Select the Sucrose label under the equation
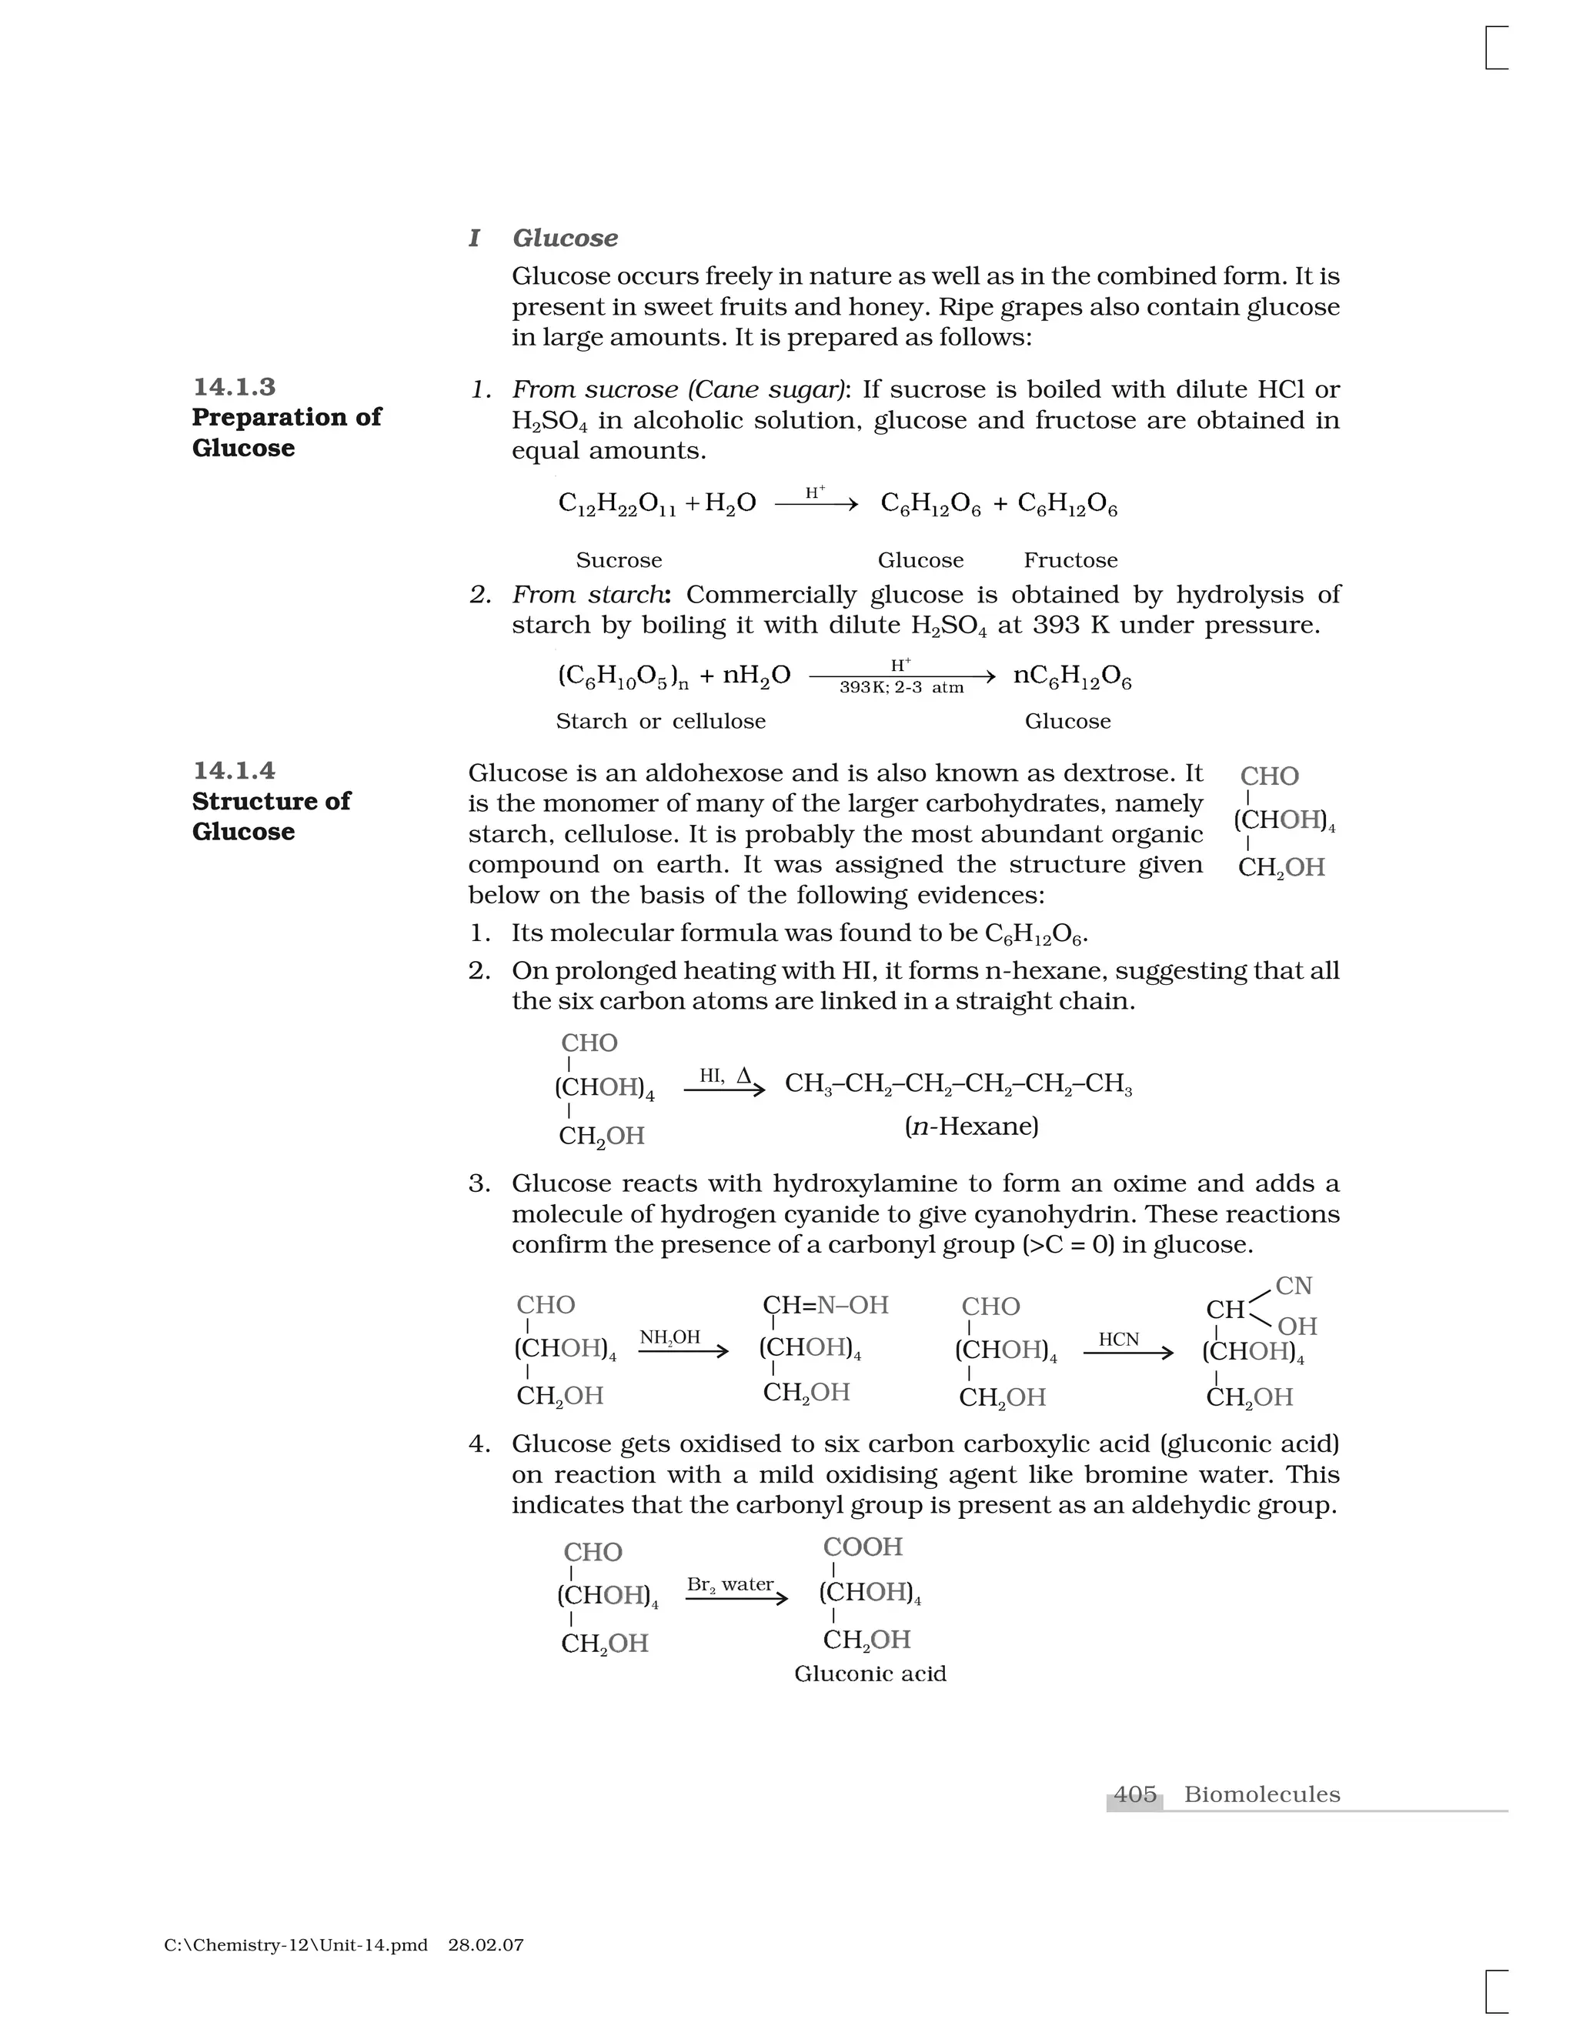click(618, 560)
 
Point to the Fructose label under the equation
click(1070, 560)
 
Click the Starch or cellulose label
click(660, 721)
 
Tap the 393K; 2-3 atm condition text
click(901, 688)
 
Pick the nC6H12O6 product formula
click(1072, 676)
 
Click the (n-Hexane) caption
click(971, 1126)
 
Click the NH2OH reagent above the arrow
click(669, 1337)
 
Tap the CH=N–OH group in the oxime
click(826, 1304)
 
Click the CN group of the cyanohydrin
click(1294, 1286)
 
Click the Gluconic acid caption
click(870, 1673)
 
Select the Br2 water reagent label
click(730, 1584)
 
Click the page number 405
click(1135, 1794)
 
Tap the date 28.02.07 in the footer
click(486, 1944)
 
